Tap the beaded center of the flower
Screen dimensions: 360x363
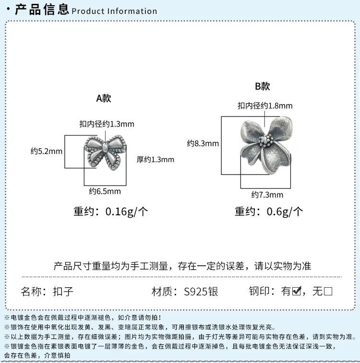tap(265, 141)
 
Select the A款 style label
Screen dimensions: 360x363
tap(104, 98)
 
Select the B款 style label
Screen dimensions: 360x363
tap(263, 86)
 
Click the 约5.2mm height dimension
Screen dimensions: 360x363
tap(47, 152)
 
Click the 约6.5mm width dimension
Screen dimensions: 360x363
tap(105, 191)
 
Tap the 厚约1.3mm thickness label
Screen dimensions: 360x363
tap(155, 160)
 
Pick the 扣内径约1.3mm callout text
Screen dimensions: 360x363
tap(107, 124)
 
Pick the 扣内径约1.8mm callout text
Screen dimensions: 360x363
tap(265, 106)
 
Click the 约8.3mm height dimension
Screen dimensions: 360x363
tap(203, 143)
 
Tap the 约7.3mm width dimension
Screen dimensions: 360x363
tap(267, 195)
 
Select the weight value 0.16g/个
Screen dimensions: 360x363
tap(127, 211)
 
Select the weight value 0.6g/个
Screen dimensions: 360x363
tap(285, 211)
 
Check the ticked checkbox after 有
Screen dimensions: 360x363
tap(297, 291)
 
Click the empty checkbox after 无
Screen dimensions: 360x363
tap(328, 291)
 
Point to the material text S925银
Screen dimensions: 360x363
tap(201, 292)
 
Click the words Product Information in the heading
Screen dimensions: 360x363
tap(114, 11)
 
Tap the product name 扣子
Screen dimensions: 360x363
tap(63, 292)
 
